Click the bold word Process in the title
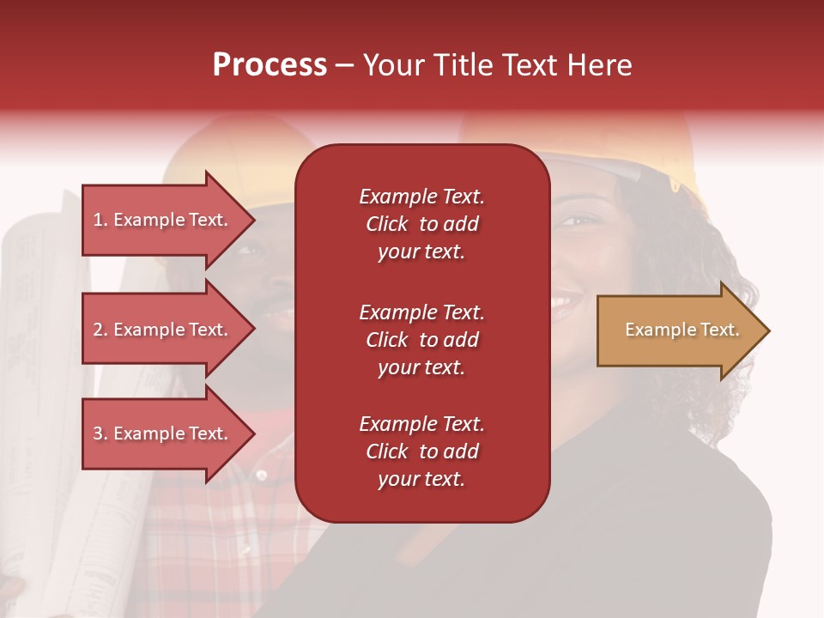click(270, 65)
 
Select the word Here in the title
click(598, 65)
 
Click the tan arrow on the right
click(678, 330)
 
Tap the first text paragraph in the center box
click(421, 224)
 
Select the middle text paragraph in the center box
click(421, 340)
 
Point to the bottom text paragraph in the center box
click(421, 451)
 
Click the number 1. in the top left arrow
click(100, 220)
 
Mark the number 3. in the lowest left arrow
click(100, 433)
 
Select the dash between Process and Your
click(345, 66)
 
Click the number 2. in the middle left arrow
click(100, 330)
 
